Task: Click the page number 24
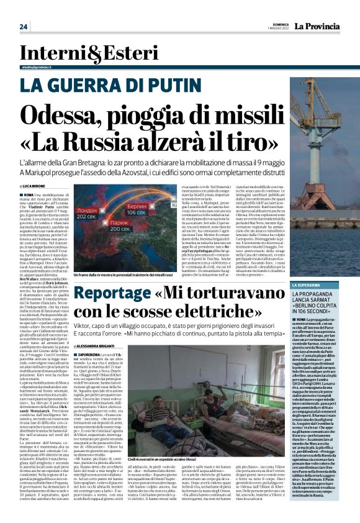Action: click(x=24, y=27)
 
